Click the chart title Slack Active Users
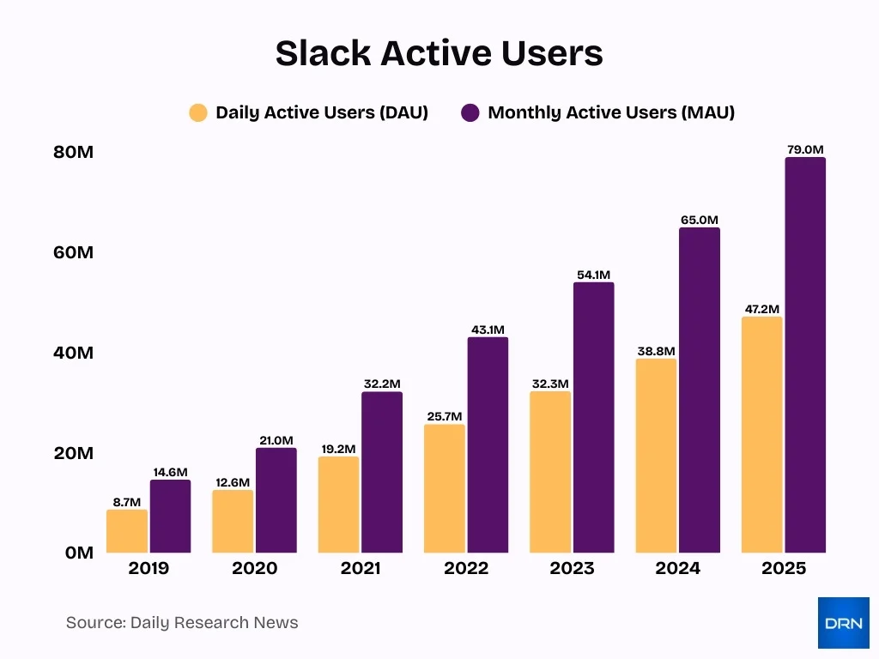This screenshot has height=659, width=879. click(x=439, y=53)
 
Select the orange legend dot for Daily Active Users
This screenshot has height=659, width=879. click(x=198, y=112)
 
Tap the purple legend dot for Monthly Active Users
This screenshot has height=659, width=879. click(x=470, y=112)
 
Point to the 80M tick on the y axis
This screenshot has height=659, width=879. click(x=73, y=153)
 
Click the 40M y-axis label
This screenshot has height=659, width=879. click(x=73, y=353)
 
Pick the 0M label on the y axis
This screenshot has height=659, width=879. click(x=78, y=553)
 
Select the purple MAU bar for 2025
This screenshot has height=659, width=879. click(x=805, y=354)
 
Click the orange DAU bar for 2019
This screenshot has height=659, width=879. click(x=127, y=531)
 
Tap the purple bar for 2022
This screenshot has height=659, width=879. click(x=488, y=444)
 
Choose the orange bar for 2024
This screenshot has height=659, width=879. click(x=656, y=456)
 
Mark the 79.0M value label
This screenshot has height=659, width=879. click(x=805, y=150)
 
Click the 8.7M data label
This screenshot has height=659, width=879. click(x=127, y=502)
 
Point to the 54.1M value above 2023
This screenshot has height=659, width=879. click(x=594, y=275)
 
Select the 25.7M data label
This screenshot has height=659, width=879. click(x=445, y=417)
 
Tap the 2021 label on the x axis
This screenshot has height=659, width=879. click(x=361, y=568)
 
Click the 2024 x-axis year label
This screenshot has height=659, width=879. click(x=678, y=568)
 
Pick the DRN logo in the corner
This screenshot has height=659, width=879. click(x=843, y=623)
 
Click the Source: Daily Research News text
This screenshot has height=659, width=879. click(x=182, y=623)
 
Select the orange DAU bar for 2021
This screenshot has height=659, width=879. click(x=338, y=505)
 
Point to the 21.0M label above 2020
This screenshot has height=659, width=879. click(x=276, y=440)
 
